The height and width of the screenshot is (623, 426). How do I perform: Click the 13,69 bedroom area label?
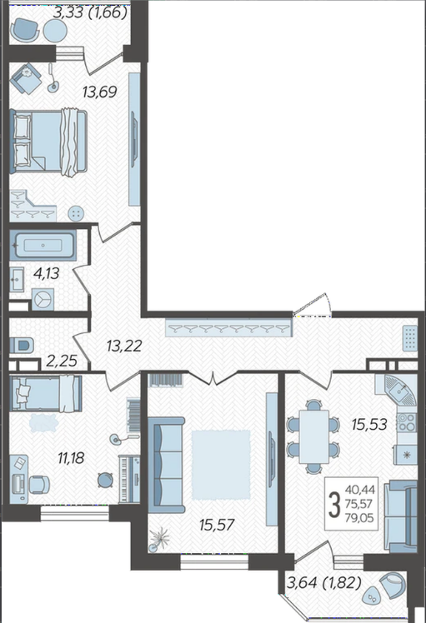99,92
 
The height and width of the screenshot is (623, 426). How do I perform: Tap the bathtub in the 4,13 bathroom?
43,246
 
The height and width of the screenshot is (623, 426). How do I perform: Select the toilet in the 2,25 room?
22,345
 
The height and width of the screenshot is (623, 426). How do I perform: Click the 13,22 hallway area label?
124,346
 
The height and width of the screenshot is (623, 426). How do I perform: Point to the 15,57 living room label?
217,526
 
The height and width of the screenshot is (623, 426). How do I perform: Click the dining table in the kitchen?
313,436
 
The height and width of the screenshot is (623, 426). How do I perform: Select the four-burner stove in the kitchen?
407,422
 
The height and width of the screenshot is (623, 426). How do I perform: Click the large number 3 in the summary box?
335,504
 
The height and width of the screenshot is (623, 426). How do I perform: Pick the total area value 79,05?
360,517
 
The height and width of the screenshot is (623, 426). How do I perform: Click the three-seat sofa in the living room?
166,465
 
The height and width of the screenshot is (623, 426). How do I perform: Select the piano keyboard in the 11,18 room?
129,479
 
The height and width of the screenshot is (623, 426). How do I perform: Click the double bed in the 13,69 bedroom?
48,142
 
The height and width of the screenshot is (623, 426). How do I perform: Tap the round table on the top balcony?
55,31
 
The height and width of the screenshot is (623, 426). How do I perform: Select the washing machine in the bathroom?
43,299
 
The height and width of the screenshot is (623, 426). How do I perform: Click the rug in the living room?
221,465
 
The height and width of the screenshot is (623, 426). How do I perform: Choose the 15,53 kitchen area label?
369,424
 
